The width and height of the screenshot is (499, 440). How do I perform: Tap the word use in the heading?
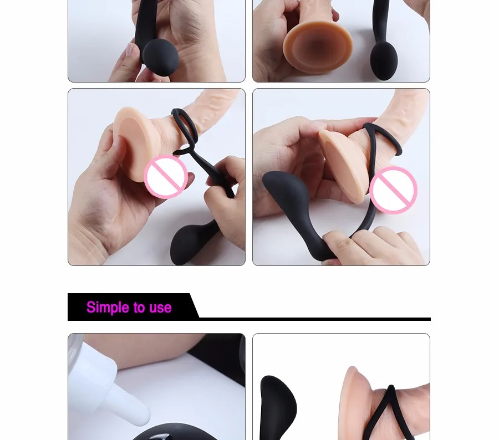(x=159, y=308)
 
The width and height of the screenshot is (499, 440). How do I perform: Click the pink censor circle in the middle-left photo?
(x=166, y=177)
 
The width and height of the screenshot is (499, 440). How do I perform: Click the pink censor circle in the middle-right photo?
(x=394, y=190)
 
